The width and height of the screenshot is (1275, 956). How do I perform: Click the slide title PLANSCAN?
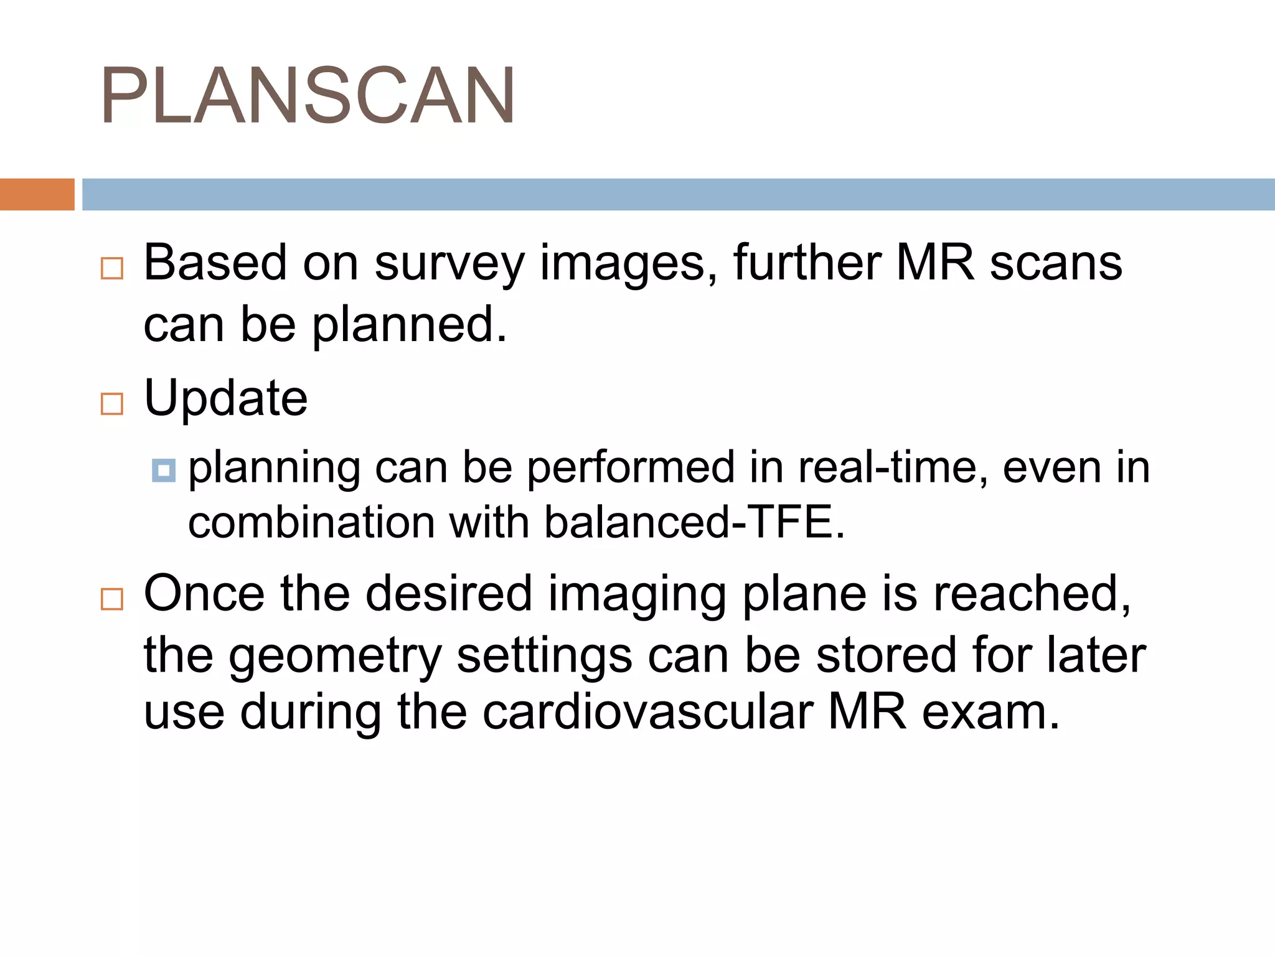308,96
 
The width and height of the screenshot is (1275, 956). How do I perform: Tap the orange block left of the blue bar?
37,194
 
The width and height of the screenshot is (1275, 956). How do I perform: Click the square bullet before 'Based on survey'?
112,268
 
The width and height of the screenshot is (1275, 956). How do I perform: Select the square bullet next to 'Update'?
112,404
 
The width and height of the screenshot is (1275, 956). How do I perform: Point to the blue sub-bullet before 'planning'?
164,470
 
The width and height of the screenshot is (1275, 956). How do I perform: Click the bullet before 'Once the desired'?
112,599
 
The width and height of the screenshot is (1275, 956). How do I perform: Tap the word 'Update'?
226,398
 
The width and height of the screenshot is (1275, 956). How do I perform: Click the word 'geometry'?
336,656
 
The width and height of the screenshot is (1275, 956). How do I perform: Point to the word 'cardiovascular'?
647,712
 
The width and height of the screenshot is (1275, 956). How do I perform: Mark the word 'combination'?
311,522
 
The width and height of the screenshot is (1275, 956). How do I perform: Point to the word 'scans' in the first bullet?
1056,264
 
